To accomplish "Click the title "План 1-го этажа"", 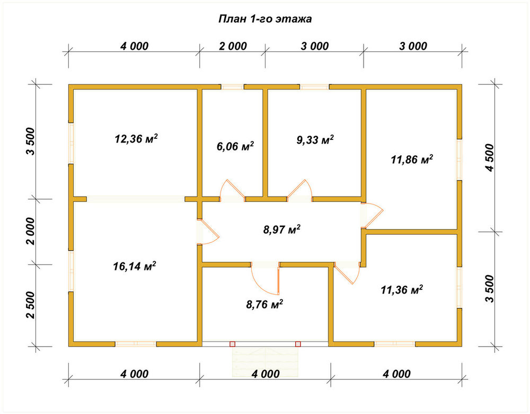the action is [x=265, y=19].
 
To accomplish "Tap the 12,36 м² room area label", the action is [x=136, y=138].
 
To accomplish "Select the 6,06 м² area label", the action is [x=235, y=146].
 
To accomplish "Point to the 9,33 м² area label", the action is [x=315, y=139].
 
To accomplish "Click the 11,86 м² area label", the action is [x=412, y=159].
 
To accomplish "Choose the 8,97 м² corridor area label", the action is [x=282, y=230].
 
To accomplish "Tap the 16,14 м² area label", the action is [x=135, y=266].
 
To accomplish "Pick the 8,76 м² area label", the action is [x=264, y=304].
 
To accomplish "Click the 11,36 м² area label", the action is [x=402, y=289].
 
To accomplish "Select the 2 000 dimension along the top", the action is [x=233, y=46].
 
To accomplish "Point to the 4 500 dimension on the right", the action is [x=489, y=158].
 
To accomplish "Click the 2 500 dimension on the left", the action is [x=30, y=305].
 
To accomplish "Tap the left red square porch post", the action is [x=232, y=344].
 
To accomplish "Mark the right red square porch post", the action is [x=298, y=344].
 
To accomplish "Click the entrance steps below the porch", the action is [x=266, y=362].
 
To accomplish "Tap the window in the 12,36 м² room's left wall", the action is [x=72, y=143].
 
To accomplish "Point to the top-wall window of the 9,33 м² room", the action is [x=314, y=87].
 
